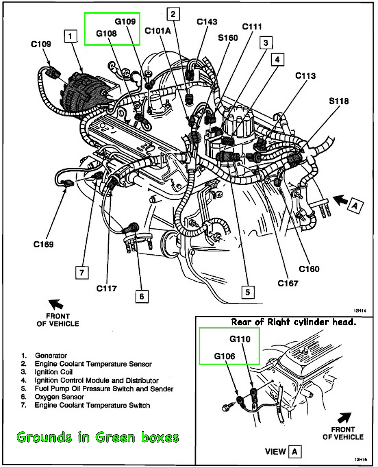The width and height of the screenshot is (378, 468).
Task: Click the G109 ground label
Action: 125,22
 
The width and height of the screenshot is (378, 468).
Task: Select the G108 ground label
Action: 106,34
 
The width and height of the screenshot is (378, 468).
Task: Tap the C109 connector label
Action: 41,44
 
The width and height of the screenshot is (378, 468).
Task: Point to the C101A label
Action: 158,31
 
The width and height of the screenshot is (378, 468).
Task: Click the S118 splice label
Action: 339,101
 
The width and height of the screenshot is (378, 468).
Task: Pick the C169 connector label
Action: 43,244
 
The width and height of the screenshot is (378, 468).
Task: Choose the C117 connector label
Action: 106,288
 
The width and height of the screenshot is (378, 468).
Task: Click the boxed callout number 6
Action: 142,296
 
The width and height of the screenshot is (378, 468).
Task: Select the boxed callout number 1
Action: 70,37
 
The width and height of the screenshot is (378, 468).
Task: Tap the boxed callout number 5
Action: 248,292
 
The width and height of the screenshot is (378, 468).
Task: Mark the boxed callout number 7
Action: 82,273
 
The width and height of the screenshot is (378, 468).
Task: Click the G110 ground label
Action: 240,339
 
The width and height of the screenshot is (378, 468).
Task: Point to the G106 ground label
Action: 225,356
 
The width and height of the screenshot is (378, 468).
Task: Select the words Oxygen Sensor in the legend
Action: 59,397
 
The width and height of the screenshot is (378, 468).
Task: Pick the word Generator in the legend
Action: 51,356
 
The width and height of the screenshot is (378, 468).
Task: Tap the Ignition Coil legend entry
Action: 53,372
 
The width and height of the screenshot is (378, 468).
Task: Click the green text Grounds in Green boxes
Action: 98,437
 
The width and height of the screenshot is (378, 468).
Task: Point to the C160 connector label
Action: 309,269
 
